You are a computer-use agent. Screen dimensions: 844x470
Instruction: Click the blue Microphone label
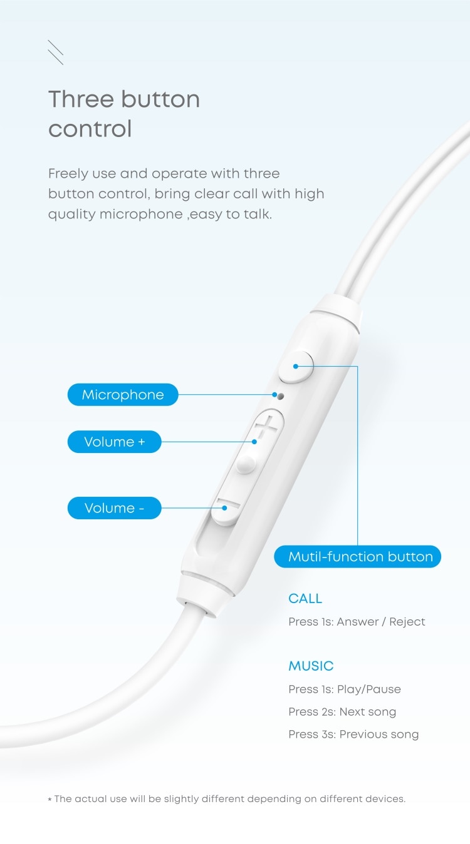(123, 395)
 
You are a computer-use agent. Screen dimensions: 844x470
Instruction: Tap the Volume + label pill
(114, 442)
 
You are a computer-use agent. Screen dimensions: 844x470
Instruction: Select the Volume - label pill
(114, 508)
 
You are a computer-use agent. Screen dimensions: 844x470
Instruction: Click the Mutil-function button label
(360, 557)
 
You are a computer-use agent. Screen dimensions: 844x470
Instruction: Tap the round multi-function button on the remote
(296, 367)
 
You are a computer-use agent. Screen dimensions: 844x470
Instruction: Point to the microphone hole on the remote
(280, 395)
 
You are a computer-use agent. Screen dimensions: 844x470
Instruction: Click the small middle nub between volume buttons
(246, 464)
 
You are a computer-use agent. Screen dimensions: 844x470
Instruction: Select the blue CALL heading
(305, 599)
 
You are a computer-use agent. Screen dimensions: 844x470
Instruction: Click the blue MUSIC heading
(311, 666)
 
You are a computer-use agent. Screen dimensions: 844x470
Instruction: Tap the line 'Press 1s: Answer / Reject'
(357, 622)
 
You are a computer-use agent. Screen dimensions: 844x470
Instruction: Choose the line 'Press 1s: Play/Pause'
(345, 689)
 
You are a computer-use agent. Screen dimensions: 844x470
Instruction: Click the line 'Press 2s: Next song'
(342, 712)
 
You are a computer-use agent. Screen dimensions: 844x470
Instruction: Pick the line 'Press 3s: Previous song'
(353, 735)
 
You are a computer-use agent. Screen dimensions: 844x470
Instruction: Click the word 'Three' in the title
(81, 99)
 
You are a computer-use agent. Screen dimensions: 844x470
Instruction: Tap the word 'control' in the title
(90, 129)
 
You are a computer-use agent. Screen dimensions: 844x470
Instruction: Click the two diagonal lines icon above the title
(55, 53)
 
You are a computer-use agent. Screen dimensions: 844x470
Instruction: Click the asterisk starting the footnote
(50, 800)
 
